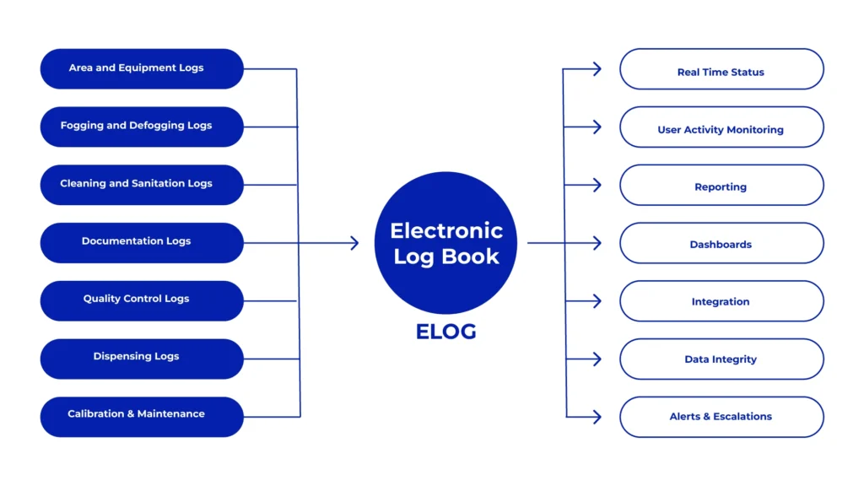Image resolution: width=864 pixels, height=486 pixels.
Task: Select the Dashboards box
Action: click(x=721, y=243)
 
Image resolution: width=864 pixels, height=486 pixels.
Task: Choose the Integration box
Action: click(x=721, y=301)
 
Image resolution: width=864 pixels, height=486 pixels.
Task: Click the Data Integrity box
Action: click(x=721, y=359)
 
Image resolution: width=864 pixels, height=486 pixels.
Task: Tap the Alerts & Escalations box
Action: click(x=721, y=417)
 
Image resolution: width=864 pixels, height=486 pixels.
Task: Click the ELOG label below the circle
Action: click(x=445, y=332)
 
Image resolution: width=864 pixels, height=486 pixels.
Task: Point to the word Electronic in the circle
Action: click(x=445, y=231)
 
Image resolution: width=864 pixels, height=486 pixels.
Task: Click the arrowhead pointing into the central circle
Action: click(x=354, y=243)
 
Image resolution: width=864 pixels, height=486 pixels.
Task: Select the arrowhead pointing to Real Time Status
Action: click(x=597, y=69)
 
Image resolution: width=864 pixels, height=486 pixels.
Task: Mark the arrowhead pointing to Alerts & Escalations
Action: click(x=597, y=417)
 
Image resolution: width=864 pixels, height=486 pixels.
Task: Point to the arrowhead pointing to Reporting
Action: click(x=597, y=185)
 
